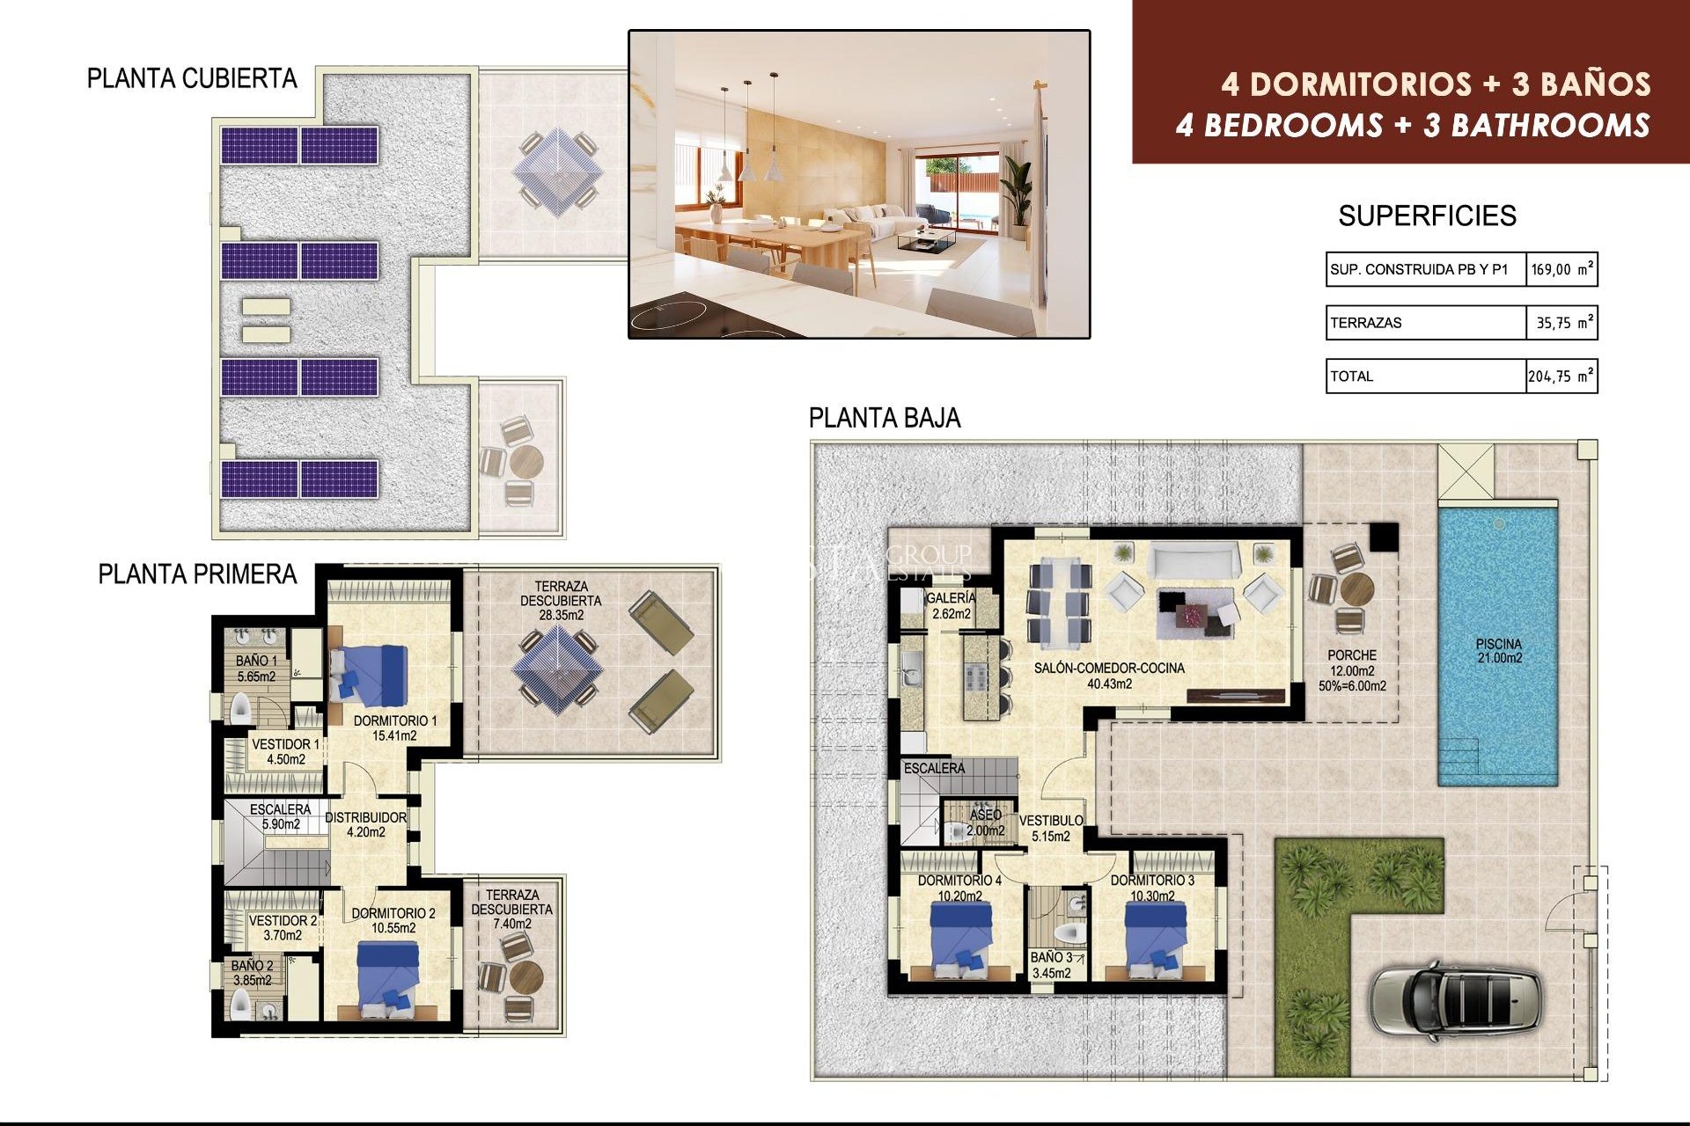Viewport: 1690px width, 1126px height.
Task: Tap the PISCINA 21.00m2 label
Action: [x=1498, y=651]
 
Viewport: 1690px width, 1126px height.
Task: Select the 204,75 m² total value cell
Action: [x=1560, y=377]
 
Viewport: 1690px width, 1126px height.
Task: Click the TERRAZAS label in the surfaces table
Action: [x=1366, y=323]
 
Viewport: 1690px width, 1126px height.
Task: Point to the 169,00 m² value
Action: [x=1561, y=270]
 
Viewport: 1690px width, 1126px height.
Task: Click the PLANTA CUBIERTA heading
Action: [x=192, y=79]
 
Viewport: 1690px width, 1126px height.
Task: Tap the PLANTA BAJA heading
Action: [x=884, y=418]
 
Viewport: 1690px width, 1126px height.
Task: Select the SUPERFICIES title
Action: [x=1427, y=216]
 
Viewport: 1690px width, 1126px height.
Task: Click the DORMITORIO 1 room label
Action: [x=394, y=728]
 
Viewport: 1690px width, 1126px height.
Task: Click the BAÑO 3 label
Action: [x=1051, y=965]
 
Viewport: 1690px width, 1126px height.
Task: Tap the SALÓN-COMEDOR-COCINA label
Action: [x=1109, y=676]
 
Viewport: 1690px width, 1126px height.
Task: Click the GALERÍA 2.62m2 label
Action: [x=951, y=605]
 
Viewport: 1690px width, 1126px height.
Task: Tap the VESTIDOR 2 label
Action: [x=283, y=927]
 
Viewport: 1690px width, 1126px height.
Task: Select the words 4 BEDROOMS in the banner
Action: [x=1278, y=126]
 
